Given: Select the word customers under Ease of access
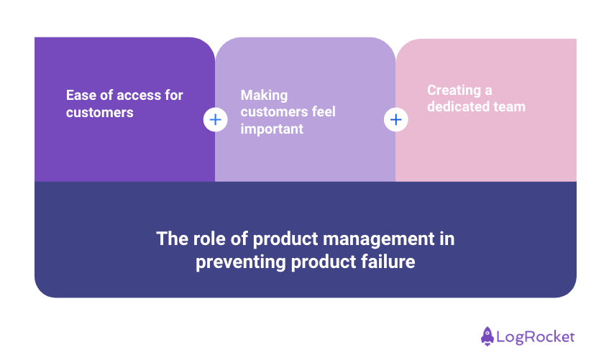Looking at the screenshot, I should pos(99,112).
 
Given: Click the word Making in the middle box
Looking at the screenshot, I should pos(264,95).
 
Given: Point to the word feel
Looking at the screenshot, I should pos(321,112).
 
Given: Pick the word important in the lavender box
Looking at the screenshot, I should pos(272,129).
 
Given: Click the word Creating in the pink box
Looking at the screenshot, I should pos(454,90).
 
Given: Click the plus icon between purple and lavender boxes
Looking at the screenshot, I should pos(215,119).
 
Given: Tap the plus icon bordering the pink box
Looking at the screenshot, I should pos(395,119).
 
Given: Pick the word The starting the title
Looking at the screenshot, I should pos(172,239).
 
